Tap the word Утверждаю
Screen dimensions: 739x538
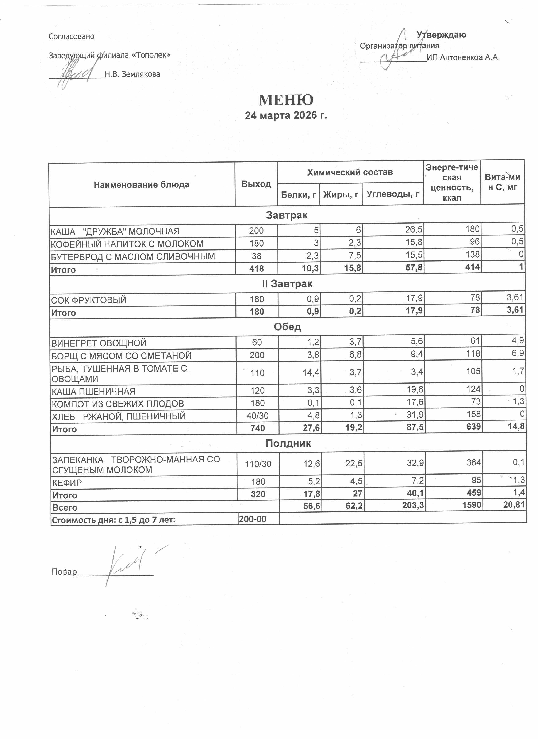tap(441, 35)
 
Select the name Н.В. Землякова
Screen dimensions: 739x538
tap(132, 74)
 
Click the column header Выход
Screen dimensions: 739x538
tap(256, 184)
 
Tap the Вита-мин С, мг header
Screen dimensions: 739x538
tap(502, 182)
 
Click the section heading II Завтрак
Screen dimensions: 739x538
tap(287, 284)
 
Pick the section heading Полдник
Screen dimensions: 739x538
tap(288, 443)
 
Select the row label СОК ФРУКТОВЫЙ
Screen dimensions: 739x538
tap(89, 300)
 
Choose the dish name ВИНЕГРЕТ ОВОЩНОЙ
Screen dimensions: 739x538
tap(99, 343)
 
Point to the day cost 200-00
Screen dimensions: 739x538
tap(252, 519)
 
